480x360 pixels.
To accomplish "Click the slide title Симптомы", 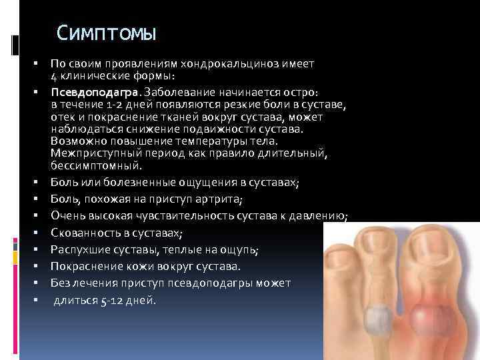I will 106,33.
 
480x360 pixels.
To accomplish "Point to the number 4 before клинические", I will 53,75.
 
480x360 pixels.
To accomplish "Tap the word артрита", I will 221,199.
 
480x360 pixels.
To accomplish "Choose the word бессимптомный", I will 95,165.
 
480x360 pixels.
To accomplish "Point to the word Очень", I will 66,215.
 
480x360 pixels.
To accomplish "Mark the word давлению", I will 318,215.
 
